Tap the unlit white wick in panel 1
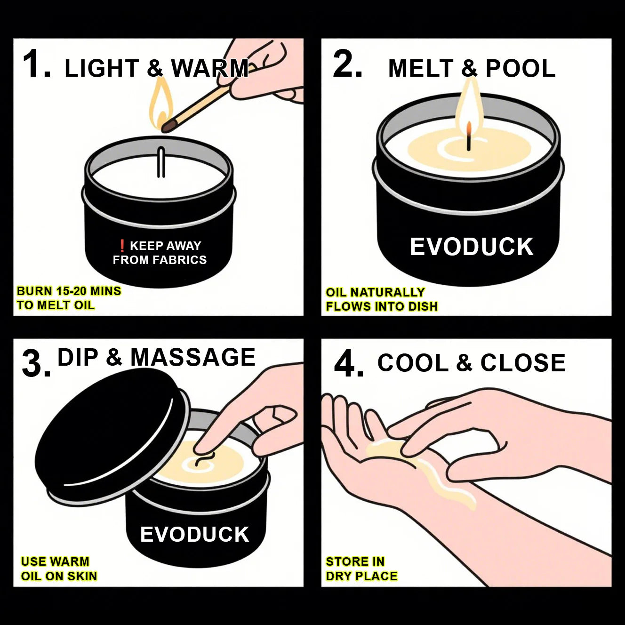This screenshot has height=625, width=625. (x=161, y=162)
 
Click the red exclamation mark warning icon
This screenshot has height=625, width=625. (x=121, y=246)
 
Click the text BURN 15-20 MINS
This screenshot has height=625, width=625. (x=69, y=291)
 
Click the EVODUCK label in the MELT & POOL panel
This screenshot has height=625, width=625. (x=472, y=247)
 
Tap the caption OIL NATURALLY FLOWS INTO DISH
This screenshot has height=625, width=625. (x=381, y=299)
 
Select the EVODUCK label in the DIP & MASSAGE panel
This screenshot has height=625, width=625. (x=194, y=535)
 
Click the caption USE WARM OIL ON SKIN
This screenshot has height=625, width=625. (x=59, y=569)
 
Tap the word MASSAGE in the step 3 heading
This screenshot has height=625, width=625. (x=193, y=357)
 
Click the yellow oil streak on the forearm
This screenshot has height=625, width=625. (x=452, y=489)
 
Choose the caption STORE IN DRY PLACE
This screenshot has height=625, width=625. (x=361, y=569)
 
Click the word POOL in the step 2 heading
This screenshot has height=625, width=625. (x=520, y=69)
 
